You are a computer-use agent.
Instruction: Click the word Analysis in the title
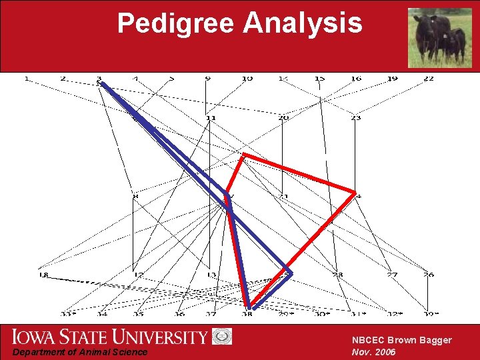pos(303,23)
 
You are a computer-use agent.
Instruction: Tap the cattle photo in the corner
pos(439,37)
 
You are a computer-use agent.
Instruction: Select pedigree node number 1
pos(27,79)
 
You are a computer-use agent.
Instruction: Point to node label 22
pos(428,79)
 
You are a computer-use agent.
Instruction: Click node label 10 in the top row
pos(247,79)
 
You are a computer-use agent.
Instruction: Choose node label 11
pos(211,118)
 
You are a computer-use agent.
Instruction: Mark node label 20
pos(283,118)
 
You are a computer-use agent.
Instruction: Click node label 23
pos(355,118)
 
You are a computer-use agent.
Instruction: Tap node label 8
pos(135,196)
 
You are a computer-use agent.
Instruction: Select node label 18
pos(43,275)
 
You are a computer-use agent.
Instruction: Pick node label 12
pos(139,275)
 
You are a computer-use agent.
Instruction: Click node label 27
pos(392,275)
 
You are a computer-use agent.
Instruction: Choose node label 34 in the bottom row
pos(102,313)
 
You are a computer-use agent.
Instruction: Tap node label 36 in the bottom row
pos(179,313)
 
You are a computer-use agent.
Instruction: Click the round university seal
pos(222,337)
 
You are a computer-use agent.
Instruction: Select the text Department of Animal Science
pos(80,352)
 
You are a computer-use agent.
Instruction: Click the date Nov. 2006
pos(374,352)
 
